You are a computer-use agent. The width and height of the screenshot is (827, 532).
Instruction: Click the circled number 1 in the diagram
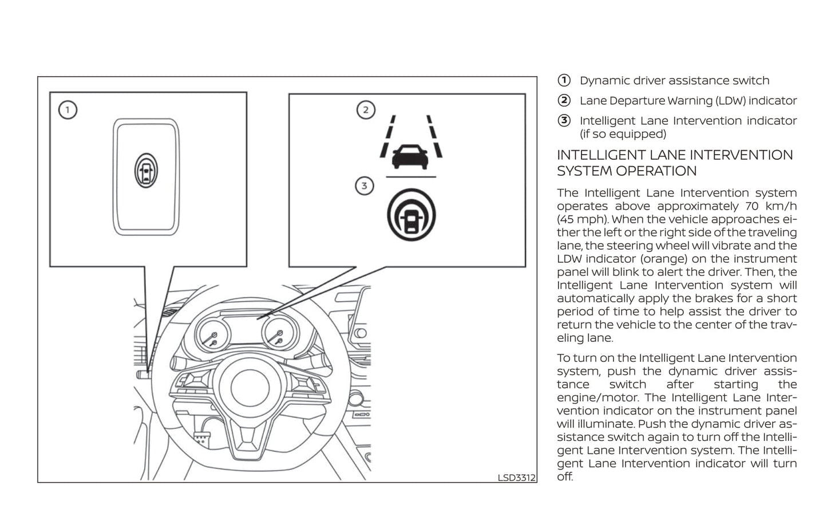point(68,109)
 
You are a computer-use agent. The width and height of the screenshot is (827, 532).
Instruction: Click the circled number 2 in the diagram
point(366,109)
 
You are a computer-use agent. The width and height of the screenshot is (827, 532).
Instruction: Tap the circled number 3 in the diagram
point(365,186)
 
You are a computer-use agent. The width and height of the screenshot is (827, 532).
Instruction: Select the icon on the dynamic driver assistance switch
point(146,170)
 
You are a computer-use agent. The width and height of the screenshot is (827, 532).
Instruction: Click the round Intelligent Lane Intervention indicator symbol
point(411,215)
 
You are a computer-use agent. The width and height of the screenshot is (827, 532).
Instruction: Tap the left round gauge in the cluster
point(212,336)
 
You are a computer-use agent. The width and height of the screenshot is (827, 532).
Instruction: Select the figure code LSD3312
point(516,477)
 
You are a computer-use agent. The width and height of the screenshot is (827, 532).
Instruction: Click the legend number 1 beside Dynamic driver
point(564,80)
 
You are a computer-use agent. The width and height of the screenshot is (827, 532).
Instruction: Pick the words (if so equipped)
point(623,134)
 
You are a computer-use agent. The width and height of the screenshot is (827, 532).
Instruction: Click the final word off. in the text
point(564,477)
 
